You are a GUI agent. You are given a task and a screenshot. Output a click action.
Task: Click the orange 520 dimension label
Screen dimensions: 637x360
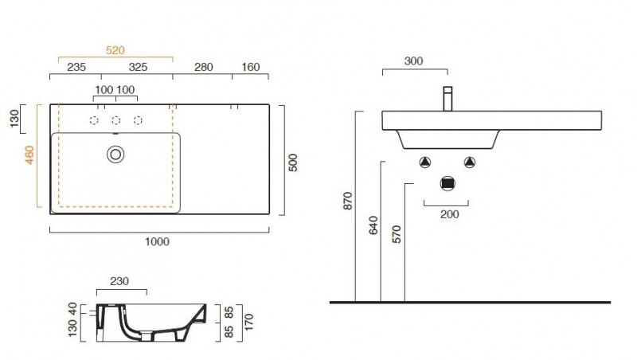[x=115, y=50]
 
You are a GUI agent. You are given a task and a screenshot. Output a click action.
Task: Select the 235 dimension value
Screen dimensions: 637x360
[x=76, y=67]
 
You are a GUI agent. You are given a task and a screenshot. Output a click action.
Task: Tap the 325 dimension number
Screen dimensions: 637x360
[x=138, y=67]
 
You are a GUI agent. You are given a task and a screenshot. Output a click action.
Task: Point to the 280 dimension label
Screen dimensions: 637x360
[x=204, y=67]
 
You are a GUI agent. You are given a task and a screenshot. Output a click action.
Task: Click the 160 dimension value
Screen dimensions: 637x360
[x=251, y=67]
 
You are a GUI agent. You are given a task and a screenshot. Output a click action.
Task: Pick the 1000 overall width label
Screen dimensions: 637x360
[x=157, y=242]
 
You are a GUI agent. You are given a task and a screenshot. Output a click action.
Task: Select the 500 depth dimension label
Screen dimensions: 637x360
[x=293, y=162]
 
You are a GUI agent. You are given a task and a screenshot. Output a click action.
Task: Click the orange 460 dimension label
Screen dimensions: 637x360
[x=29, y=155]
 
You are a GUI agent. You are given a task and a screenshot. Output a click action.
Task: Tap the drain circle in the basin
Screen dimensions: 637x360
[x=115, y=155]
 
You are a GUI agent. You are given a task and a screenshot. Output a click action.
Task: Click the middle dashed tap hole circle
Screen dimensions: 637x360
[x=115, y=120]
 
